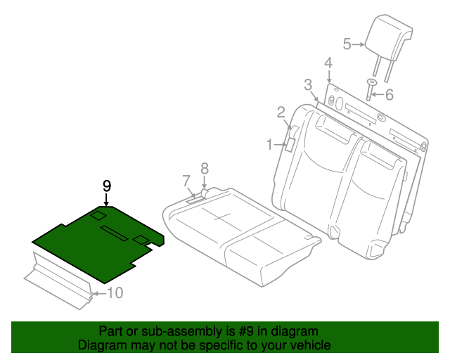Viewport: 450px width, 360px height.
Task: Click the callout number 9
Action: pyautogui.click(x=107, y=186)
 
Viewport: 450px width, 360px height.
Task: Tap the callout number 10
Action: pyautogui.click(x=114, y=292)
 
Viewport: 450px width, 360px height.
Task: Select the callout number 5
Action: pyautogui.click(x=347, y=44)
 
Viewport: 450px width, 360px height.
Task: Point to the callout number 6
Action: pyautogui.click(x=390, y=94)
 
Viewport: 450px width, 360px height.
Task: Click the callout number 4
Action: pyautogui.click(x=328, y=64)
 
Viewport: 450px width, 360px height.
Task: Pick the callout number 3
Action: pyautogui.click(x=308, y=85)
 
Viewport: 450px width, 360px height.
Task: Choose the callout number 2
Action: pyautogui.click(x=281, y=112)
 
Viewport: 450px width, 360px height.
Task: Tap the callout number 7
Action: pyautogui.click(x=186, y=181)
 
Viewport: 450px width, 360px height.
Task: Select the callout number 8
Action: pyautogui.click(x=205, y=168)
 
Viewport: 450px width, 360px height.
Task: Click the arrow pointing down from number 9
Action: pyautogui.click(x=107, y=201)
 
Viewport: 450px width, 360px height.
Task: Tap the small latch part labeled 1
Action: pyautogui.click(x=289, y=145)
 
